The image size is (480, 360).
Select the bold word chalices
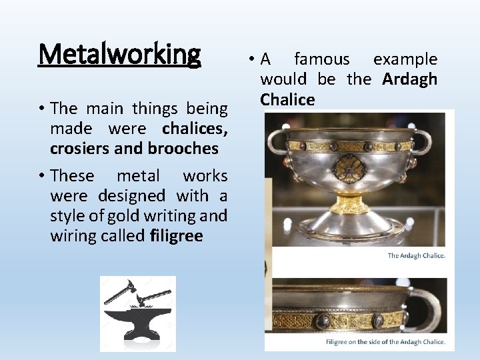[x=195, y=127]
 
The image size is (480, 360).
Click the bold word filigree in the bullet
[x=177, y=236]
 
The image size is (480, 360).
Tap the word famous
[x=322, y=59]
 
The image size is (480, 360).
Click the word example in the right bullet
[x=405, y=59]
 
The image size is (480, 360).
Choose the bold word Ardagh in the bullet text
[x=409, y=79]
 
